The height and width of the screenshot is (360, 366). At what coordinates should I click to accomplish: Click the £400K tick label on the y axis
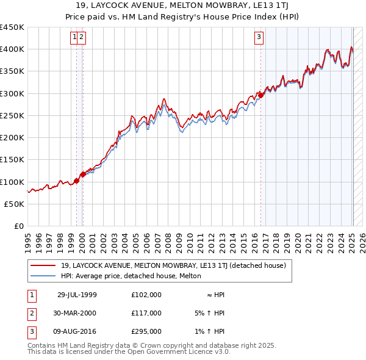(12, 49)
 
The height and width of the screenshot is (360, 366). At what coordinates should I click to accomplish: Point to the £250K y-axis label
(12, 115)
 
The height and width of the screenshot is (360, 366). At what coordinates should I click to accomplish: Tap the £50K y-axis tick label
(15, 204)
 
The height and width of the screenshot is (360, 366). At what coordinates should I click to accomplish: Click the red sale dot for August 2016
(260, 95)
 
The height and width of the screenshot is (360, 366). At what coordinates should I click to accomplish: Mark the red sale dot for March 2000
(83, 174)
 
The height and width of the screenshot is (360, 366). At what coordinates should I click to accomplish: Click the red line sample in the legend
(43, 265)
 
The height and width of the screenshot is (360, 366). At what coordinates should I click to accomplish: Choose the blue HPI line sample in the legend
(43, 276)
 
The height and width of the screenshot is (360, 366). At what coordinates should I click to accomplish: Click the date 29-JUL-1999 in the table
(77, 295)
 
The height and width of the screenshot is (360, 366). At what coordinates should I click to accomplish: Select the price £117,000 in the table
(146, 313)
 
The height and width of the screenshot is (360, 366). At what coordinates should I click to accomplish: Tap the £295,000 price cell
(146, 331)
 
